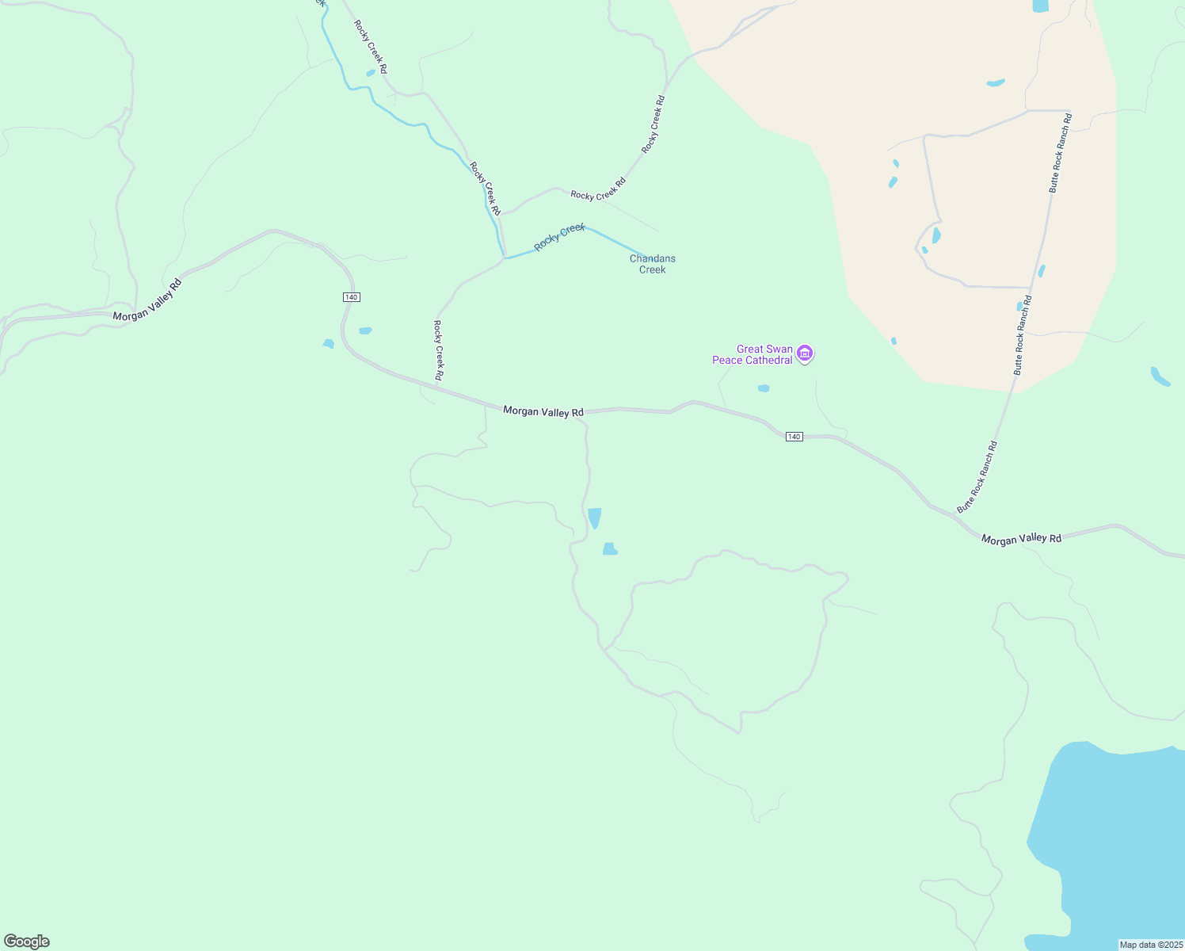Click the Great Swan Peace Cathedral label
753,354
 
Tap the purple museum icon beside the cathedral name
805,353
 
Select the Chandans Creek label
652,264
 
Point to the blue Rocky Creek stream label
559,237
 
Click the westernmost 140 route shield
352,296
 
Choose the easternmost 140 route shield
794,437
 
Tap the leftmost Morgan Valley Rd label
147,300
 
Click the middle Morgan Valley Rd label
543,411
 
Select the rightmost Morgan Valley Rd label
1021,539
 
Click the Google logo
27,941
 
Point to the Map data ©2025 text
1150,945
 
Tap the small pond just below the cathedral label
764,388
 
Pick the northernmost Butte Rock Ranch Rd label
1060,153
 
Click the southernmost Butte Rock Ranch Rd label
977,477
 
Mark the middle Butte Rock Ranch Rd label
1023,334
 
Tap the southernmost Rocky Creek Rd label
438,349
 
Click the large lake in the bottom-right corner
1117,840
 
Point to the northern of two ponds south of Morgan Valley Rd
594,518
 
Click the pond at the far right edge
1160,376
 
